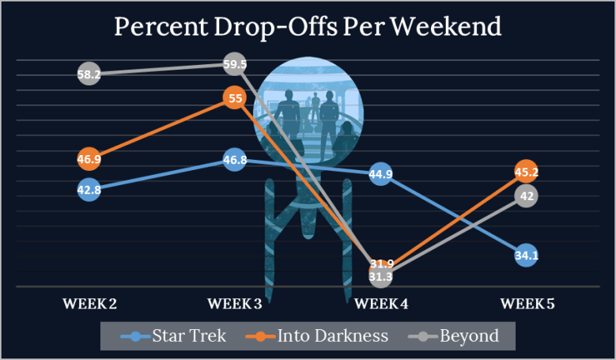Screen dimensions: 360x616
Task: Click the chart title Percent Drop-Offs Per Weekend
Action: click(308, 26)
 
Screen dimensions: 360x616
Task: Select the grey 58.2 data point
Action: click(89, 74)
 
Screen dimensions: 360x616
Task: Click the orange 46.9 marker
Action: click(89, 159)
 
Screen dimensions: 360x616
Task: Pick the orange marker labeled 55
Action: click(234, 99)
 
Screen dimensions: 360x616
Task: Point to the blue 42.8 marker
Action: click(89, 191)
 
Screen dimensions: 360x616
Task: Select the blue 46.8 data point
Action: click(234, 160)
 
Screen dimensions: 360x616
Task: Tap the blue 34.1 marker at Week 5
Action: click(526, 255)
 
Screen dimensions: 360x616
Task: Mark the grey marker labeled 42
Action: click(526, 196)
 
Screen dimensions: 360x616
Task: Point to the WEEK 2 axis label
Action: click(89, 303)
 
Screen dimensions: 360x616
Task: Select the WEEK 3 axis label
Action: click(235, 303)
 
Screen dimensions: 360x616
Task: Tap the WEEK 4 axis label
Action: click(380, 303)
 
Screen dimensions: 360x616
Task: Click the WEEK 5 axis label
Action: click(527, 303)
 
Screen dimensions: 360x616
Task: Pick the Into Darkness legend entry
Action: click(319, 335)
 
